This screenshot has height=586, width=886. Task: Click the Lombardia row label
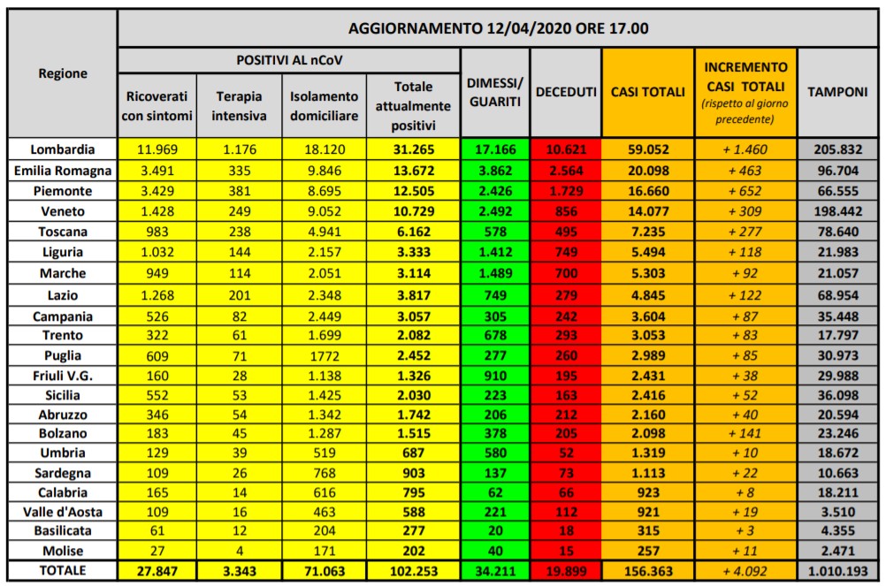click(x=62, y=149)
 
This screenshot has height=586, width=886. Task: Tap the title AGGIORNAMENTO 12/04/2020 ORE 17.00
click(x=499, y=28)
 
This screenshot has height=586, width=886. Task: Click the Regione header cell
click(x=62, y=74)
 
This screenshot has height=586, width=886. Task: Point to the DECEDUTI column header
click(x=567, y=92)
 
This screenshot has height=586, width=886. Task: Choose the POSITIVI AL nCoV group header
click(x=289, y=60)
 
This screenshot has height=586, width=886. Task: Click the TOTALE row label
click(x=62, y=570)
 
